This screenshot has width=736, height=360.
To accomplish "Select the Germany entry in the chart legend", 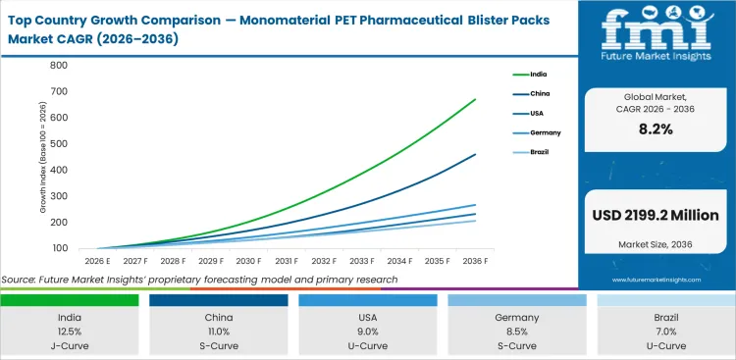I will click(x=546, y=132).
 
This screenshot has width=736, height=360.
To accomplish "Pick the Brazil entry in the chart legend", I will click(x=541, y=152).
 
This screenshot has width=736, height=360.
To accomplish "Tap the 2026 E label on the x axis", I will click(x=96, y=261).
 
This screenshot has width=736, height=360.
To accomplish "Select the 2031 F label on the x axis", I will click(x=286, y=261).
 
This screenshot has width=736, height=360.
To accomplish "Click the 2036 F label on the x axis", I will click(x=475, y=261).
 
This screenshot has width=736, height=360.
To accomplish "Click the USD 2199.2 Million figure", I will click(x=656, y=216).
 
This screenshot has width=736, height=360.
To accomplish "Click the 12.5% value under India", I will click(x=70, y=333).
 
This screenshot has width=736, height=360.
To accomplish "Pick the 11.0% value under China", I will click(x=218, y=333).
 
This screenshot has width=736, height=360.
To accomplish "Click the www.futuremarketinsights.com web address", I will click(x=657, y=280).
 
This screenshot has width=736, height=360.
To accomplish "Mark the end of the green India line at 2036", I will click(x=476, y=99).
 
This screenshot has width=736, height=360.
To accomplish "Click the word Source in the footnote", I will click(x=20, y=280).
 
